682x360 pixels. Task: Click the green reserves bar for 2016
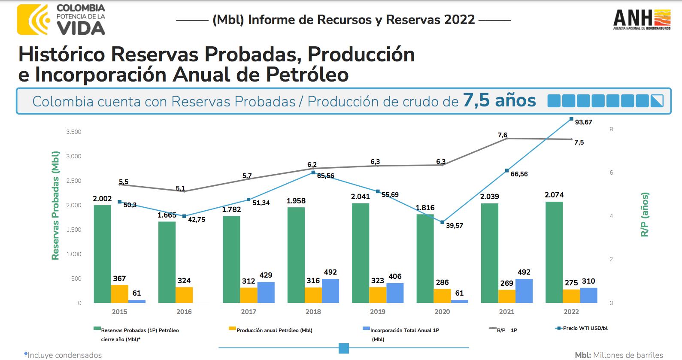click(167, 262)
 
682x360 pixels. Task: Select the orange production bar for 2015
click(119, 294)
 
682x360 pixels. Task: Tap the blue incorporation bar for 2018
click(330, 291)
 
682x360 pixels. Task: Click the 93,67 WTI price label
click(583, 122)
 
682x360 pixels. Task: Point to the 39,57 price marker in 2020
click(442, 222)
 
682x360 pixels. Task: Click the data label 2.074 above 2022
click(554, 195)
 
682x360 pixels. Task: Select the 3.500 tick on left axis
click(73, 132)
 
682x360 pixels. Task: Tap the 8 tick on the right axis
click(611, 129)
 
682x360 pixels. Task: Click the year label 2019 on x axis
click(378, 312)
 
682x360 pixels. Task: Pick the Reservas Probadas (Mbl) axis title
click(55, 206)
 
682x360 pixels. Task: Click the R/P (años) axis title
click(644, 215)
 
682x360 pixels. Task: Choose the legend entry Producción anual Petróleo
click(274, 330)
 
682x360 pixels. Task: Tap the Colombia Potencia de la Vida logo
click(61, 19)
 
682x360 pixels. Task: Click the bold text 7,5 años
click(499, 101)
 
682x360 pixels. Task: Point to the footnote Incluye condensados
click(64, 355)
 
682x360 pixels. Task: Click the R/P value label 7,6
click(502, 135)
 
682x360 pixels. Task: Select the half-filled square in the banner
click(657, 101)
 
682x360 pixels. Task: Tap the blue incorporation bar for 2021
click(524, 291)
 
